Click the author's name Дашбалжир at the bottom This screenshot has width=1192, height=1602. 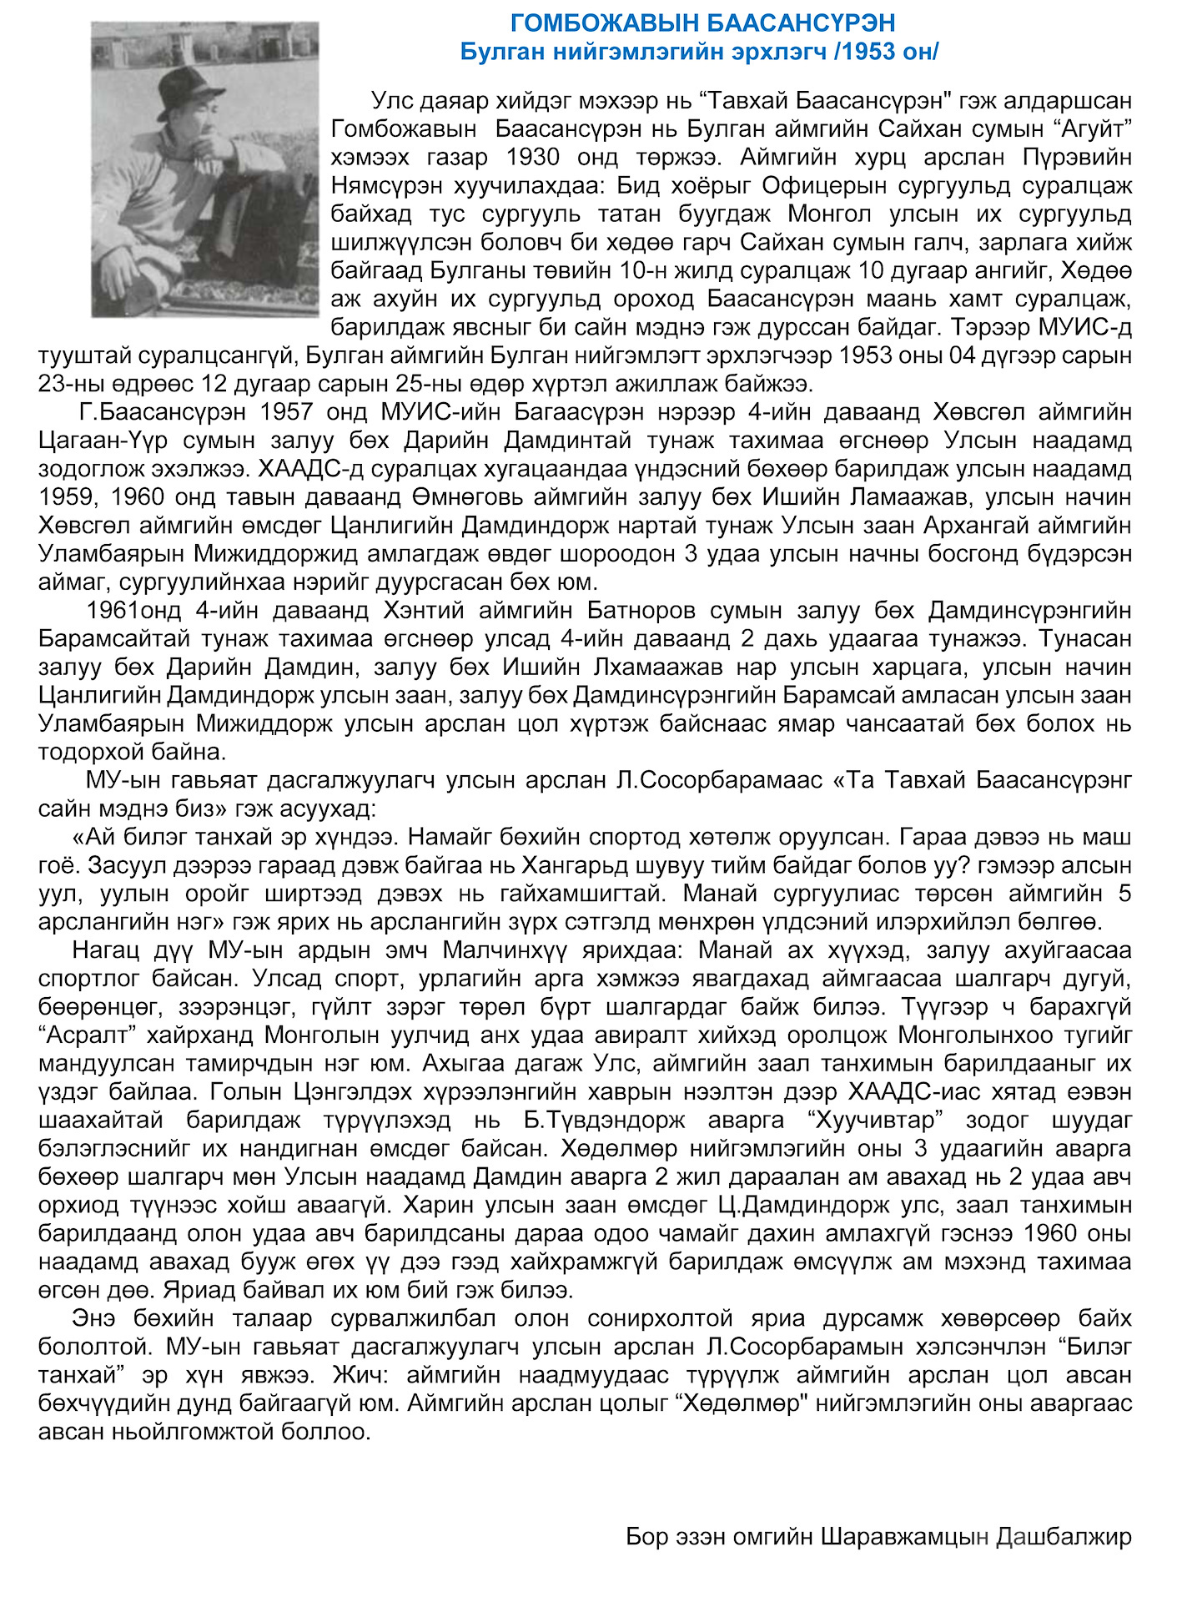(x=1064, y=1536)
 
